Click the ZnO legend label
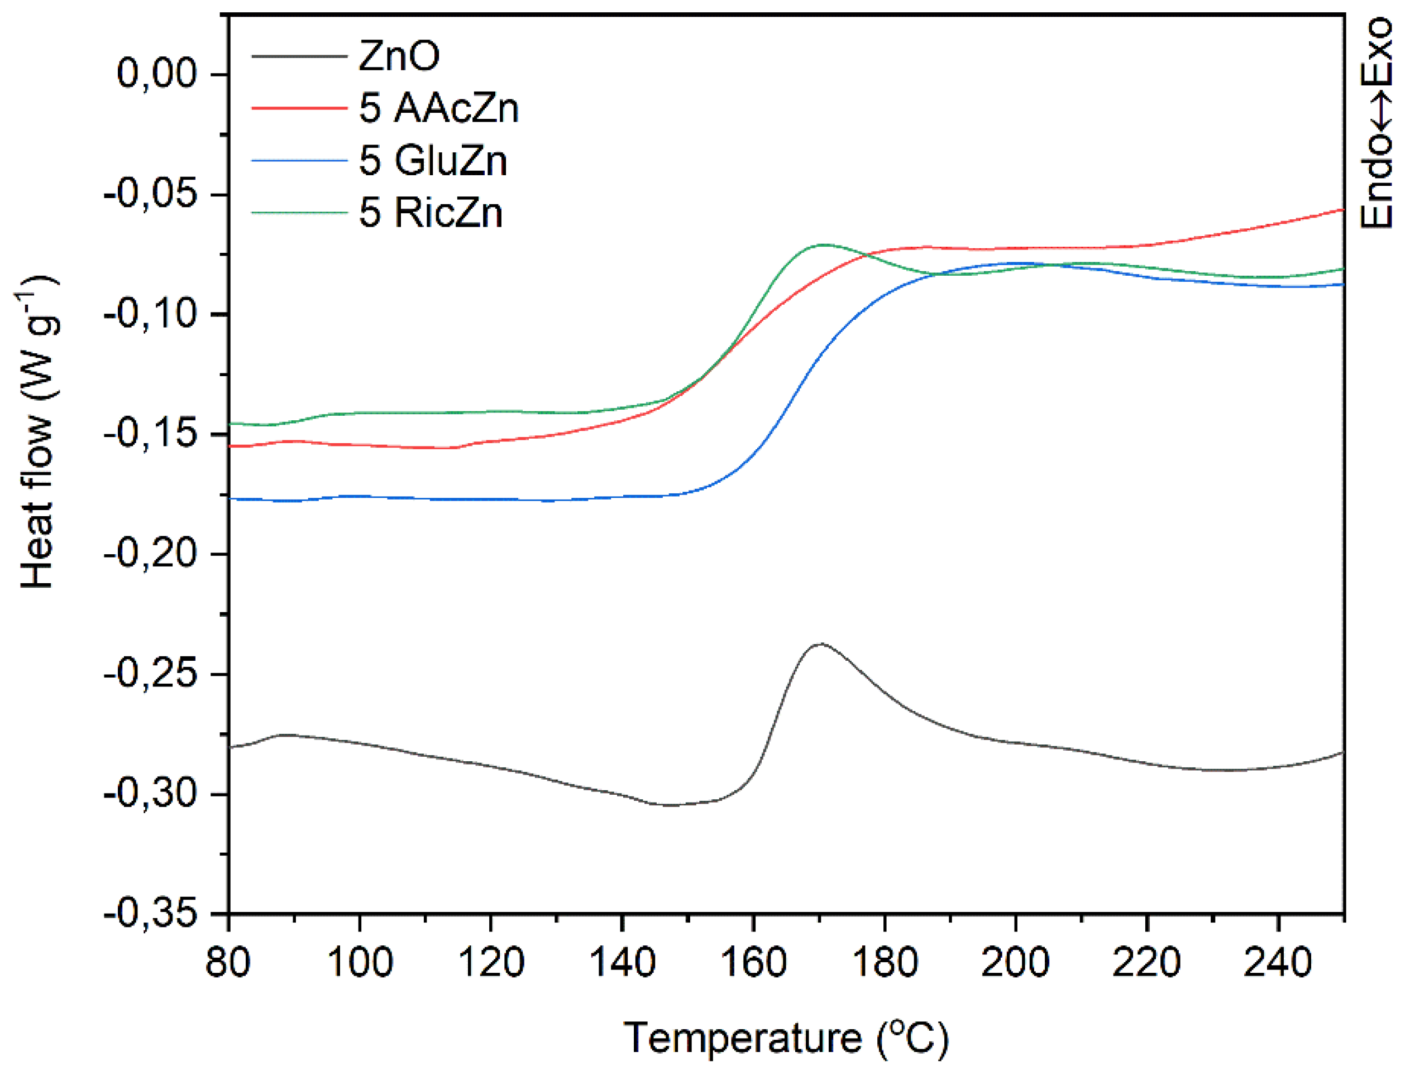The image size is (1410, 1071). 399,56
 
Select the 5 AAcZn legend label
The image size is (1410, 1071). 439,108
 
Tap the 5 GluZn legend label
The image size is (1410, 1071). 433,160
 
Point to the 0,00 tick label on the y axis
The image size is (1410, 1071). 157,74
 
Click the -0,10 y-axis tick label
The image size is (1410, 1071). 151,314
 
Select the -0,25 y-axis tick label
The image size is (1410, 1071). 151,675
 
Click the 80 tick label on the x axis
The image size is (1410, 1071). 228,963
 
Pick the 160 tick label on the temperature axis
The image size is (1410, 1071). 753,963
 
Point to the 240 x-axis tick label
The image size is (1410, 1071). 1277,963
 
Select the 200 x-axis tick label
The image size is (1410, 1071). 1015,963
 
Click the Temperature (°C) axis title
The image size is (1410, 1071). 786,1038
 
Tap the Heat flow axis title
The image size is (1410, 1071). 37,432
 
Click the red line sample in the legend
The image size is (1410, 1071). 298,108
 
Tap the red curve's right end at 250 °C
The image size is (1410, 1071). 1344,209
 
